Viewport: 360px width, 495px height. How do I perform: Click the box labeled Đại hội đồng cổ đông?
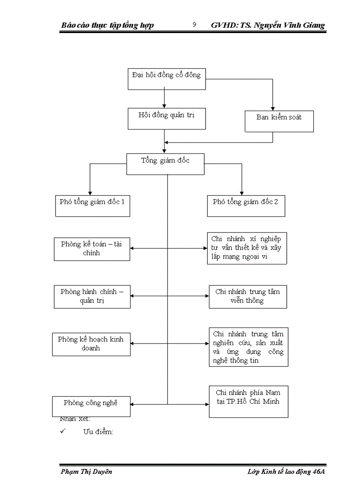[166, 79]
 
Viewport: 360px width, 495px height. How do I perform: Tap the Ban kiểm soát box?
[279, 121]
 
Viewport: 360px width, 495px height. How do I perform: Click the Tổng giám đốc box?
[165, 164]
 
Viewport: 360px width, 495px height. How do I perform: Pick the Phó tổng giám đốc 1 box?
[92, 206]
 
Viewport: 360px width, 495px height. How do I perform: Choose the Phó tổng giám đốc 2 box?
[246, 206]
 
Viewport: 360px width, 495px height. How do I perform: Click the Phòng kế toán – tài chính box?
[92, 249]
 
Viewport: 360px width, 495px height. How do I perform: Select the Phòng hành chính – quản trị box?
[92, 297]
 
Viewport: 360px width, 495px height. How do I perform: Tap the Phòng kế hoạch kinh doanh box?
[91, 344]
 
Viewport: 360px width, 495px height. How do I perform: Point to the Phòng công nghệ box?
[91, 406]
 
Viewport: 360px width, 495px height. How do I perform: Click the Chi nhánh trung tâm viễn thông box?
[247, 297]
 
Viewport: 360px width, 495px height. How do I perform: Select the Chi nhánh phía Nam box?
[248, 401]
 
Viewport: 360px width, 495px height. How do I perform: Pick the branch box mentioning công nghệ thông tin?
[248, 347]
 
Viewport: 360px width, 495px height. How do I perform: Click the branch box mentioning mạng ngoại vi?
[247, 248]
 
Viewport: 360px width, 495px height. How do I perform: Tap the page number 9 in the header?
[194, 25]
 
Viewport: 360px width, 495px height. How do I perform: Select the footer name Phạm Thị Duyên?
[86, 472]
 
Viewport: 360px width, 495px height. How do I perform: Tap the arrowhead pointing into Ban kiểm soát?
[273, 108]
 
